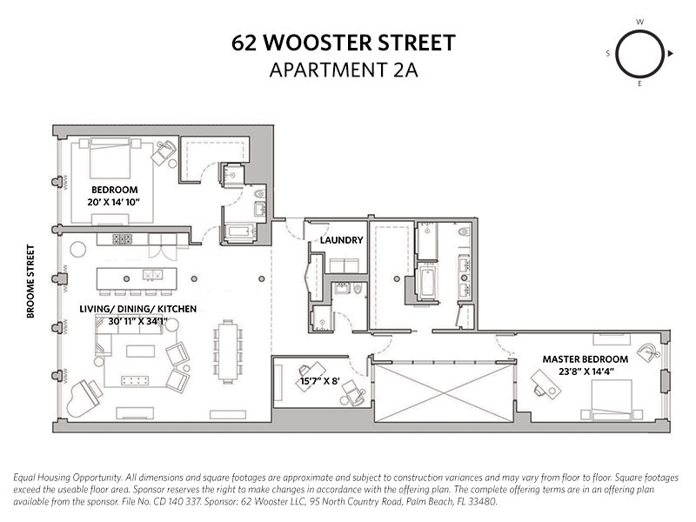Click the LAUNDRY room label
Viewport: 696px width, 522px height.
click(341, 240)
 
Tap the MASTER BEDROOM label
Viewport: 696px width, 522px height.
click(585, 359)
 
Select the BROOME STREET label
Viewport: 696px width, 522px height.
click(30, 281)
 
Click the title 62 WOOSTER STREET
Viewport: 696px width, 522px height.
click(343, 43)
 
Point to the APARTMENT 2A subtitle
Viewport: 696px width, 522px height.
click(344, 70)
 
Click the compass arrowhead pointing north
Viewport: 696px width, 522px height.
click(670, 54)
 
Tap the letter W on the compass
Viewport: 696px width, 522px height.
click(639, 22)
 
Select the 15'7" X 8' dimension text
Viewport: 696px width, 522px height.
click(319, 381)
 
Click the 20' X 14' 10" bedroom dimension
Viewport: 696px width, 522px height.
click(114, 202)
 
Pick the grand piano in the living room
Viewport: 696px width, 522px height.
click(83, 398)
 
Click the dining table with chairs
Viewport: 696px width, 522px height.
click(228, 351)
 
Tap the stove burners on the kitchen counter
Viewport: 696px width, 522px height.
click(122, 239)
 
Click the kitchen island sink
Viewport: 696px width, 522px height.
click(152, 275)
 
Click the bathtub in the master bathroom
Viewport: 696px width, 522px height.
click(427, 283)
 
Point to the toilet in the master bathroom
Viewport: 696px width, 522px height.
click(464, 231)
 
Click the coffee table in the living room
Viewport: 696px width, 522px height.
click(140, 351)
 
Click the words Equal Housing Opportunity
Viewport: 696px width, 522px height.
click(68, 478)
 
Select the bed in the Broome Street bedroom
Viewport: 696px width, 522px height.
click(110, 158)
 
